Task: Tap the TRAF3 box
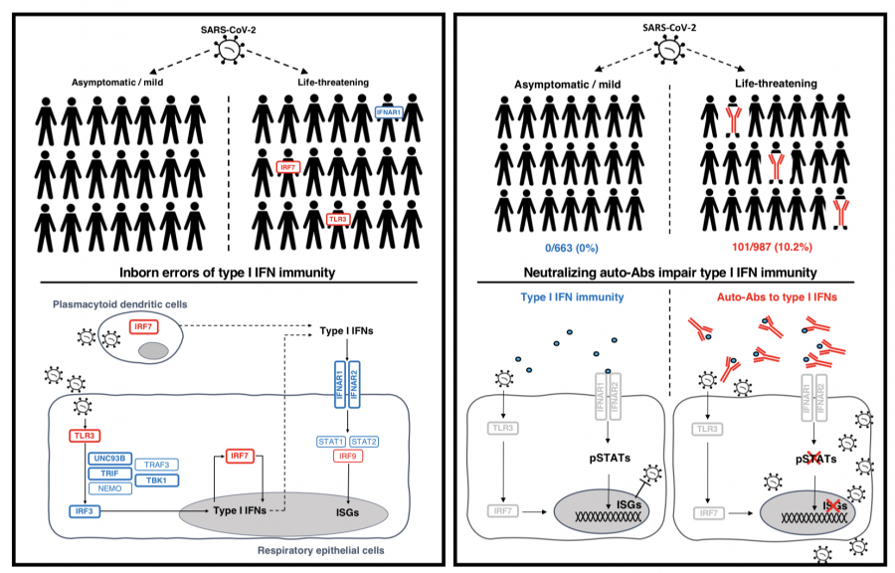click(162, 466)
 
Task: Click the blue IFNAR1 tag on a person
click(389, 113)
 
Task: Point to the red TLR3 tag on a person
click(339, 217)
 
